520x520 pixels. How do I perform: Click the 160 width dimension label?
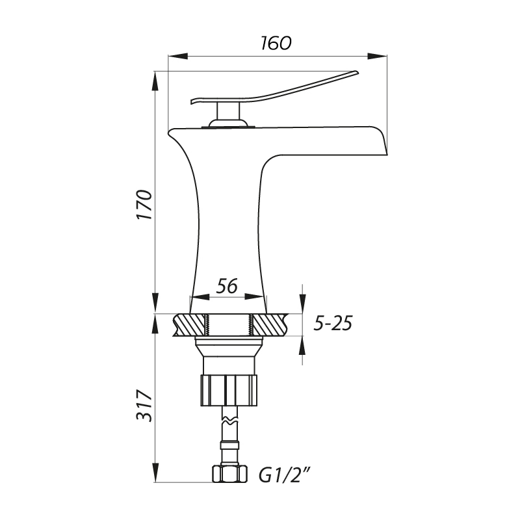tap(276, 43)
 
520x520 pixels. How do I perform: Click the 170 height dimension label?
tap(144, 205)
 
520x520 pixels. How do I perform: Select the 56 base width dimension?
tap(227, 286)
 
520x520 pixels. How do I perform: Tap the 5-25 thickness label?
tap(333, 323)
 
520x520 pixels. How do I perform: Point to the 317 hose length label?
tap(144, 406)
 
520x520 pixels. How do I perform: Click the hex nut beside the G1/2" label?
tap(230, 474)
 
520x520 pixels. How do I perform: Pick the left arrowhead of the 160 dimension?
tap(178, 57)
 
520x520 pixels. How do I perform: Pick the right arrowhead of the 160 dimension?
tap(378, 57)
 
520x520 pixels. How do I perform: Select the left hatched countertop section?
tap(189, 325)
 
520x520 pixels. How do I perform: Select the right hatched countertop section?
tap(270, 325)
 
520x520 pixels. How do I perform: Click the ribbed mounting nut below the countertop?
tap(229, 391)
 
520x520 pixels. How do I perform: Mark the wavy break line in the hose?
tap(230, 421)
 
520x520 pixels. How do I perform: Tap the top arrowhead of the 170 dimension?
tap(155, 81)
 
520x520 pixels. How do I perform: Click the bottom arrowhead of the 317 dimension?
tap(155, 473)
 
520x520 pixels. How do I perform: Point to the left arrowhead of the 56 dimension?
tap(200, 297)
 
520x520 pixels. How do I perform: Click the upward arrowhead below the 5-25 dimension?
tap(302, 346)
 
